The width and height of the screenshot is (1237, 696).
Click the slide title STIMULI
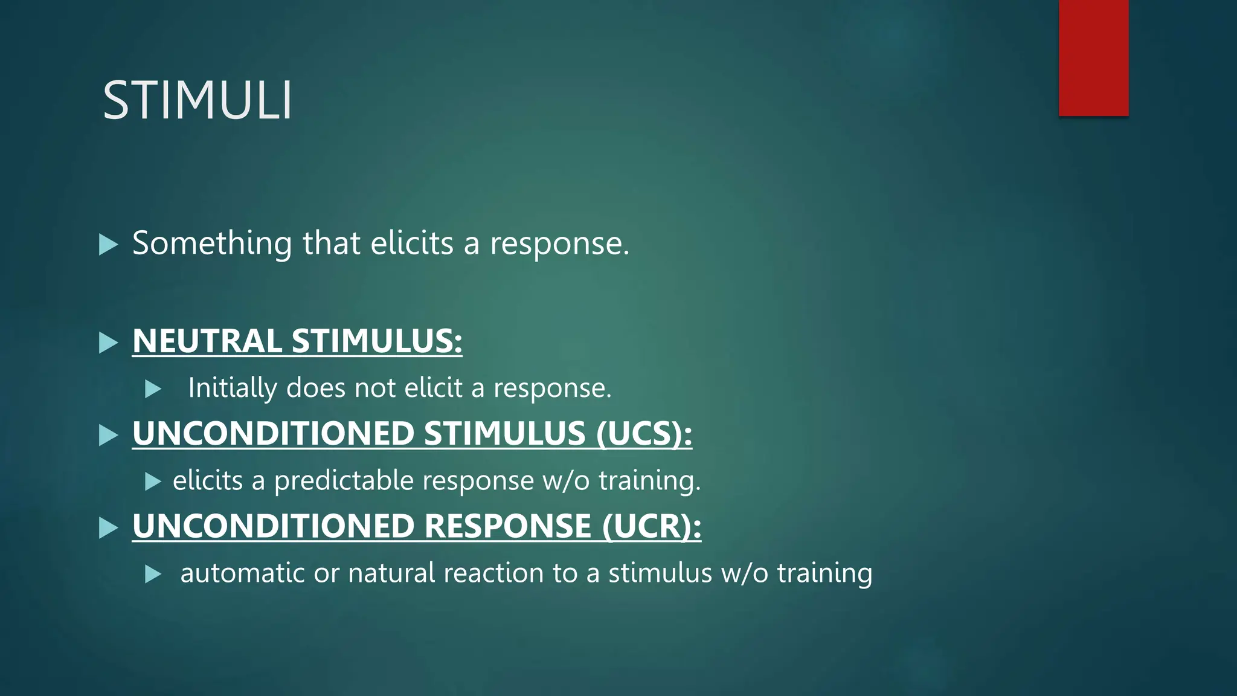pos(198,100)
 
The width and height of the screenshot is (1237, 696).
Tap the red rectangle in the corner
pos(1093,57)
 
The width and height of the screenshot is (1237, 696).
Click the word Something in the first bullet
pos(212,243)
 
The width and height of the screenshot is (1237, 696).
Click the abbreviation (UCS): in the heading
pos(644,434)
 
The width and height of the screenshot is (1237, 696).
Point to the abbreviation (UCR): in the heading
pos(652,526)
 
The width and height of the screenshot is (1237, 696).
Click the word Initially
pos(233,388)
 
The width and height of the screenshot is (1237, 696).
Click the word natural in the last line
pos(391,573)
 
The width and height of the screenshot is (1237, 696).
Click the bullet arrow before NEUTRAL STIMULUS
pos(108,343)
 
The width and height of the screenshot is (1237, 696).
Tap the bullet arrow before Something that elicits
pos(108,245)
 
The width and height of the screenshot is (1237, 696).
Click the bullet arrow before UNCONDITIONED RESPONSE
pos(108,527)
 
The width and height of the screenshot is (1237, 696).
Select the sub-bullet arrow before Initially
pos(153,389)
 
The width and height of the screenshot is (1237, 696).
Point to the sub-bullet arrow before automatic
pos(153,574)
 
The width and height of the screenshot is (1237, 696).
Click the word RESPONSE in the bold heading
pos(507,526)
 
